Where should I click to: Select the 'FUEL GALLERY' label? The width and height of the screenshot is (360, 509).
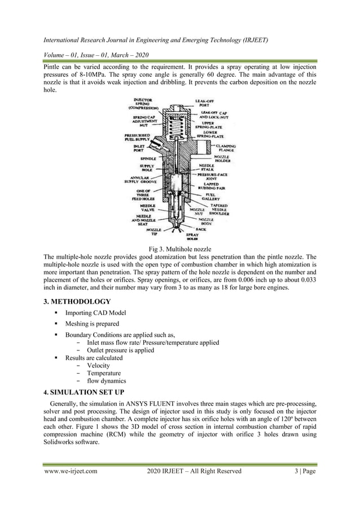pos(212,196)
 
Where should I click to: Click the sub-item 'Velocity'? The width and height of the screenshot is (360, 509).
pos(98,365)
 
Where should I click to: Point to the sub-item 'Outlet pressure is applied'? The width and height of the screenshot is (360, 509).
pos(120,350)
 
